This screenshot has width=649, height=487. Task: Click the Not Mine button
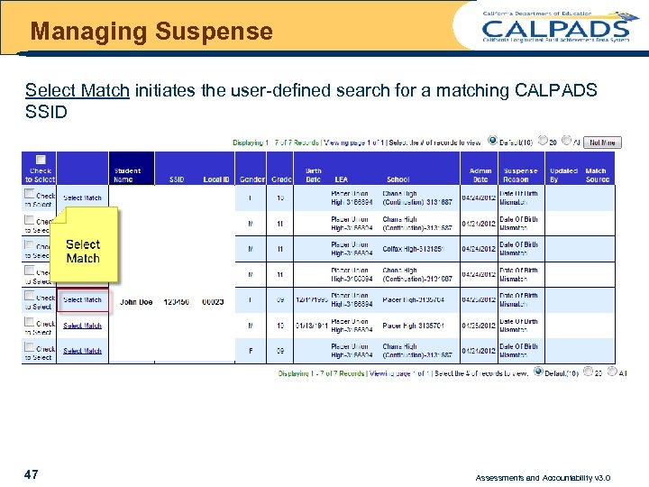(x=602, y=142)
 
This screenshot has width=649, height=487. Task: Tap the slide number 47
(x=32, y=474)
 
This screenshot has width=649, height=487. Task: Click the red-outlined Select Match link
(x=83, y=300)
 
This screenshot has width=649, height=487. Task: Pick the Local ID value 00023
(x=213, y=303)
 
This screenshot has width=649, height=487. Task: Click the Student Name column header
(x=127, y=175)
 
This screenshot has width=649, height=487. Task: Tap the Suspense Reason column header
(x=520, y=175)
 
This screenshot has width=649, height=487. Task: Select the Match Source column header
(x=597, y=175)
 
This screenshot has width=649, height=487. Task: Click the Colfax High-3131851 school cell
(x=414, y=249)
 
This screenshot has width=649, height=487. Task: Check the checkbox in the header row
(x=40, y=160)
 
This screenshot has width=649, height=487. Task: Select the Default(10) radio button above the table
(x=492, y=140)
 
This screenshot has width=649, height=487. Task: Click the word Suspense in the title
(x=214, y=32)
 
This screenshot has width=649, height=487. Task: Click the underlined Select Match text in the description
(x=78, y=91)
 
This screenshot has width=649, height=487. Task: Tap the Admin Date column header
(x=480, y=175)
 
